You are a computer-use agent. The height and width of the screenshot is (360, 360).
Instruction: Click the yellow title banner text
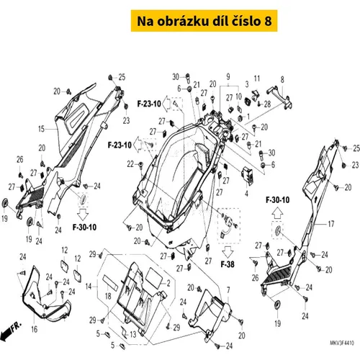pos(204,21)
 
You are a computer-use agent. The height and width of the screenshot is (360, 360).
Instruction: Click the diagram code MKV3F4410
pos(342,343)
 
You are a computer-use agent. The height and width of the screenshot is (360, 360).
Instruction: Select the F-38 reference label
pos(228,264)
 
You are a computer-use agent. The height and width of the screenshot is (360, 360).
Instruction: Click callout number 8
pos(282,79)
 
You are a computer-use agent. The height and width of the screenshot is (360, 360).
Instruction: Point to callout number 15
pos(42,129)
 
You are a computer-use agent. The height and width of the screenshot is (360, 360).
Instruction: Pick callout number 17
pos(331,224)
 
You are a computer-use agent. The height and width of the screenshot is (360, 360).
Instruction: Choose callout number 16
pos(35,329)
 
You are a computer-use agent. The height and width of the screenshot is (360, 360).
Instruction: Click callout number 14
pos(89,287)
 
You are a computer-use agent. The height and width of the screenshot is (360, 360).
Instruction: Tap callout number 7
pos(228,290)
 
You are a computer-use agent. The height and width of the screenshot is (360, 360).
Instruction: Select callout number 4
pos(246,193)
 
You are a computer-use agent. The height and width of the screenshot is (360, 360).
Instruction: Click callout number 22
pos(130,164)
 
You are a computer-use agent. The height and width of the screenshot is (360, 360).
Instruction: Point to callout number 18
pos(108,296)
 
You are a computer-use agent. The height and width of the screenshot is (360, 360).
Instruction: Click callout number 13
pos(133,334)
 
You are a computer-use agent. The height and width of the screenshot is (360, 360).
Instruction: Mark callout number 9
pos(228,76)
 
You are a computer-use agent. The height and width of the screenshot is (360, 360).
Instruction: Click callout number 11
pos(257,78)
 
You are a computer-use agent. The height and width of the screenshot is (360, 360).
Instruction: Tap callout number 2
pos(168,283)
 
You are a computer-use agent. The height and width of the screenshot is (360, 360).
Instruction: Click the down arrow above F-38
pos(228,251)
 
